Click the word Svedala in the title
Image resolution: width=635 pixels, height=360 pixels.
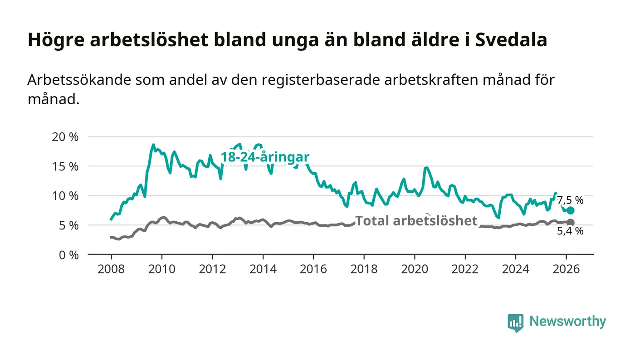tap(511, 40)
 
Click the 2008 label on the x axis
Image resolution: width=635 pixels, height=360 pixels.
tap(111, 269)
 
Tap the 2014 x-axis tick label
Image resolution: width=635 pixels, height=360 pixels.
tap(263, 269)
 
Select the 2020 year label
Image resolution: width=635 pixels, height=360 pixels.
tap(415, 269)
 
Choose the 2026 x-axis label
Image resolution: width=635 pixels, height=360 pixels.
tap(566, 269)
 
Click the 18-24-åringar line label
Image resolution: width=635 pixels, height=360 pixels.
tap(265, 157)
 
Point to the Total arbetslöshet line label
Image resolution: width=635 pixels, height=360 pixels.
tap(416, 221)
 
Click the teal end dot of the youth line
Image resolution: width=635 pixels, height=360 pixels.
tap(571, 210)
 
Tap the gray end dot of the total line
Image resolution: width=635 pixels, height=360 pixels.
tap(571, 222)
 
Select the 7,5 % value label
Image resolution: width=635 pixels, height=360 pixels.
tap(570, 200)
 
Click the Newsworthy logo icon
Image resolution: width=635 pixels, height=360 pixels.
tap(515, 322)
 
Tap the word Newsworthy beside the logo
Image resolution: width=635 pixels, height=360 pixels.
tap(567, 321)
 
